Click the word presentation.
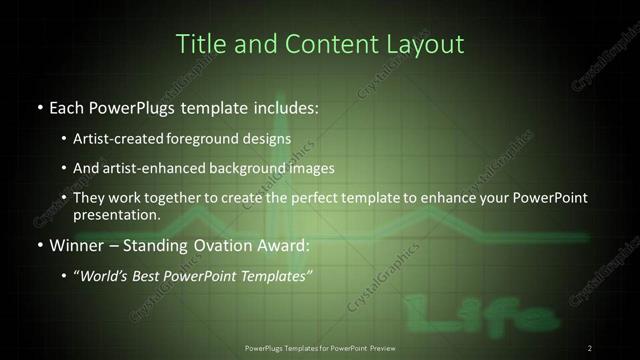click(117, 215)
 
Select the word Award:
click(284, 245)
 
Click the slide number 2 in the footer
click(590, 348)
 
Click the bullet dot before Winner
click(38, 245)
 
